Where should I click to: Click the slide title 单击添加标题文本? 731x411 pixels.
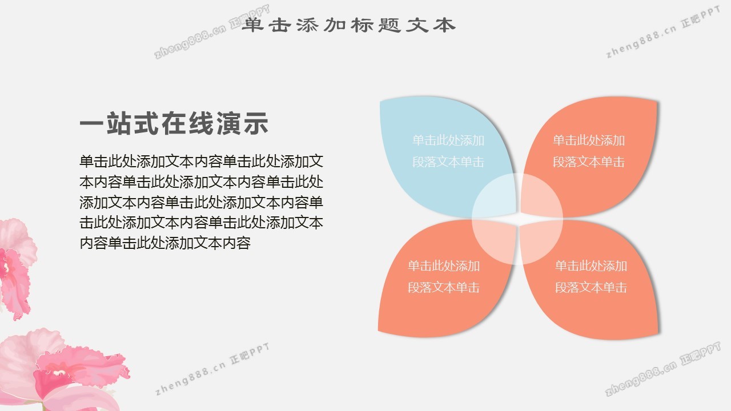pyautogui.click(x=348, y=25)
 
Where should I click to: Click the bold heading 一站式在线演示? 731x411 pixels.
pyautogui.click(x=174, y=123)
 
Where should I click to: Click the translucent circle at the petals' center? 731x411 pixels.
pyautogui.click(x=517, y=219)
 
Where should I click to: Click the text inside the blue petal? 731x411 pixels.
pyautogui.click(x=448, y=151)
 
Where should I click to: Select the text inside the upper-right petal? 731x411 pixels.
pyautogui.click(x=589, y=151)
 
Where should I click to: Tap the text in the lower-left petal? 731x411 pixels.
pyautogui.click(x=444, y=277)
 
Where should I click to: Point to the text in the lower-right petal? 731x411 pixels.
pyautogui.click(x=591, y=277)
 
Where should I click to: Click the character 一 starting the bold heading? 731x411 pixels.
pyautogui.click(x=92, y=124)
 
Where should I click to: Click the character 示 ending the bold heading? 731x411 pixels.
pyautogui.click(x=256, y=123)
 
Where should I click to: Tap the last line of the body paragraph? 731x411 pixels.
pyautogui.click(x=165, y=243)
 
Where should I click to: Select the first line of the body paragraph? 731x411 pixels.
pyautogui.click(x=202, y=162)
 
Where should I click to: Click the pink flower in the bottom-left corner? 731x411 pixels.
pyautogui.click(x=62, y=372)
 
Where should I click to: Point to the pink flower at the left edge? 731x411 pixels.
pyautogui.click(x=17, y=268)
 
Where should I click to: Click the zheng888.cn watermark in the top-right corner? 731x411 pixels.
pyautogui.click(x=663, y=32)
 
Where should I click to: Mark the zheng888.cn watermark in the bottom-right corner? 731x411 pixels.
pyautogui.click(x=663, y=369)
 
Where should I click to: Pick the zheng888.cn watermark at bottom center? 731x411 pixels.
pyautogui.click(x=212, y=369)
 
